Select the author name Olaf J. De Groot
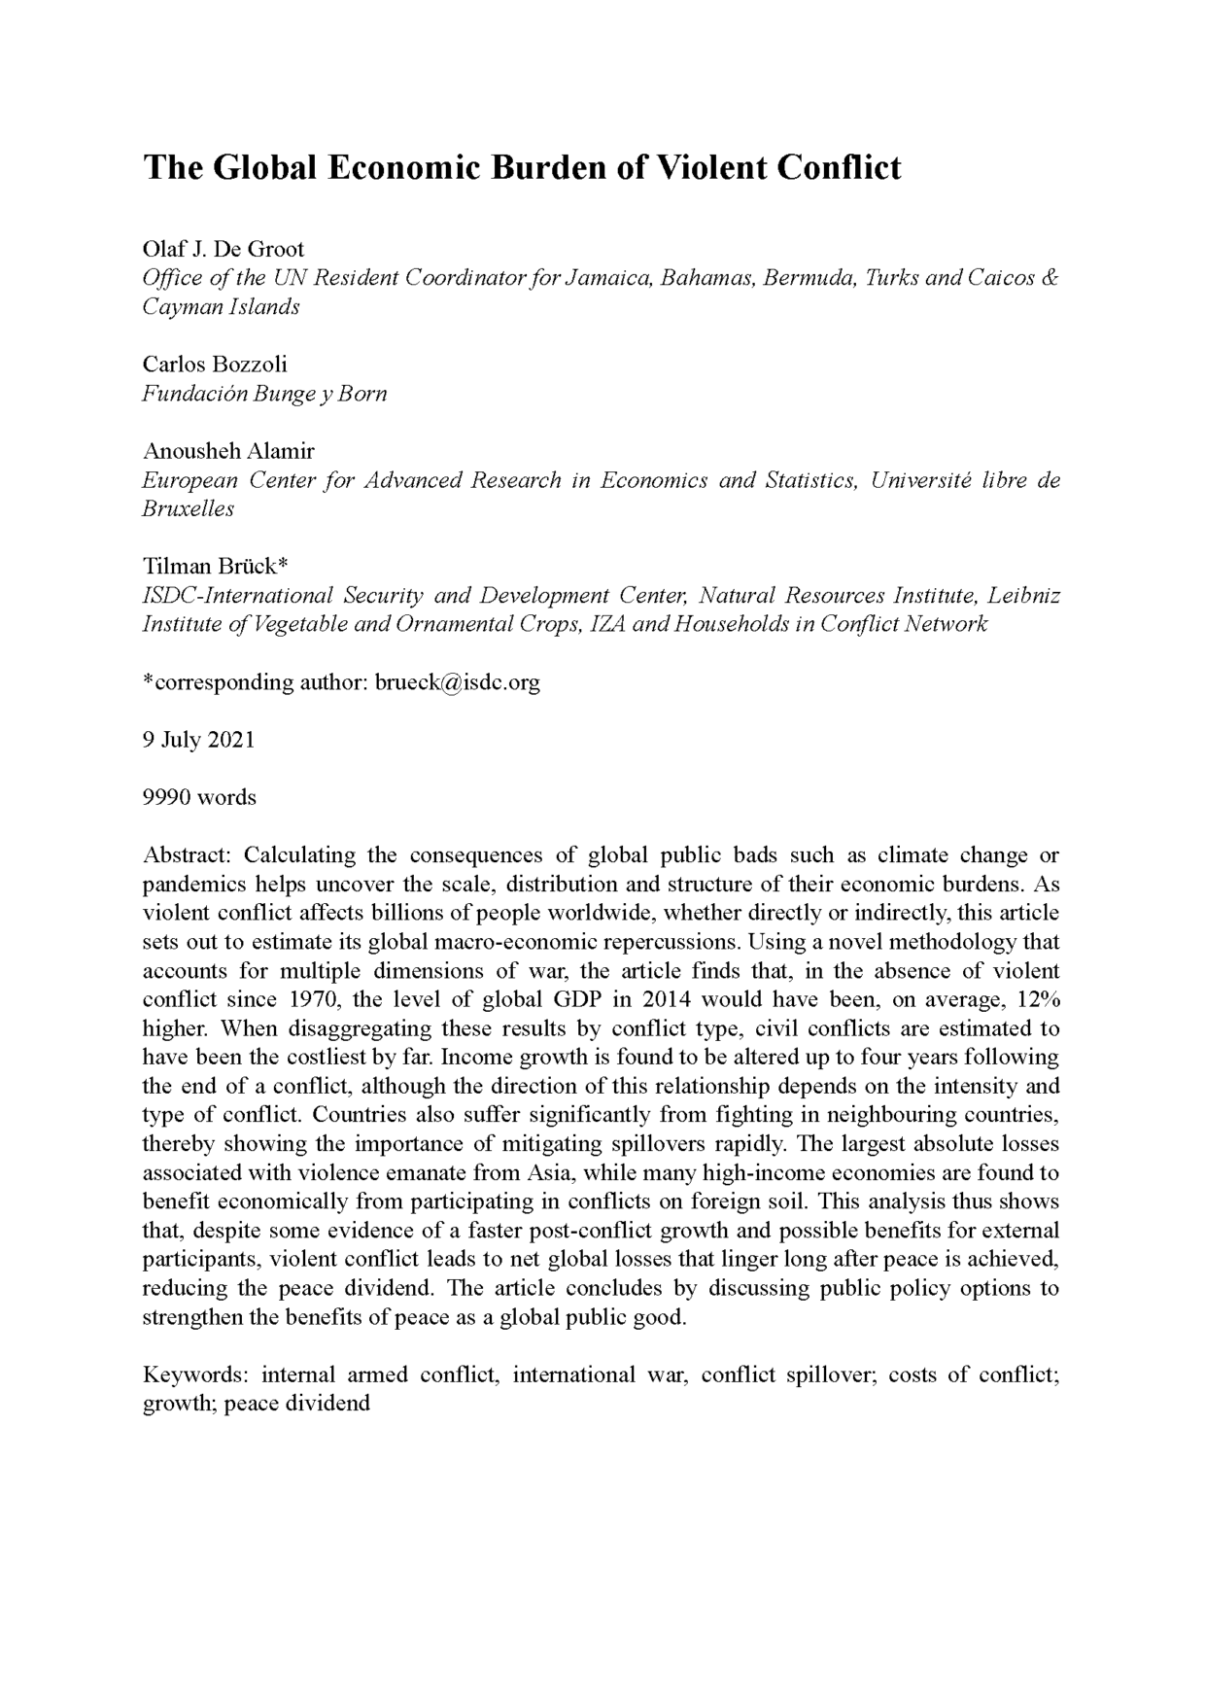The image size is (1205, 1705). coord(224,249)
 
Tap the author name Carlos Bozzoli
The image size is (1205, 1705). coord(215,365)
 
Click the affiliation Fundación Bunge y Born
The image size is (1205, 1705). coord(264,394)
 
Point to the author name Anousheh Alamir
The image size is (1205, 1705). coord(228,451)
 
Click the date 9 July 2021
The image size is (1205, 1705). coord(198,740)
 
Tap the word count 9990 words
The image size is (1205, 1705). coord(199,798)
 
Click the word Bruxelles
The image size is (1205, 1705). coord(188,509)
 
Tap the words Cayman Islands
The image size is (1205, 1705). coord(221,307)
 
